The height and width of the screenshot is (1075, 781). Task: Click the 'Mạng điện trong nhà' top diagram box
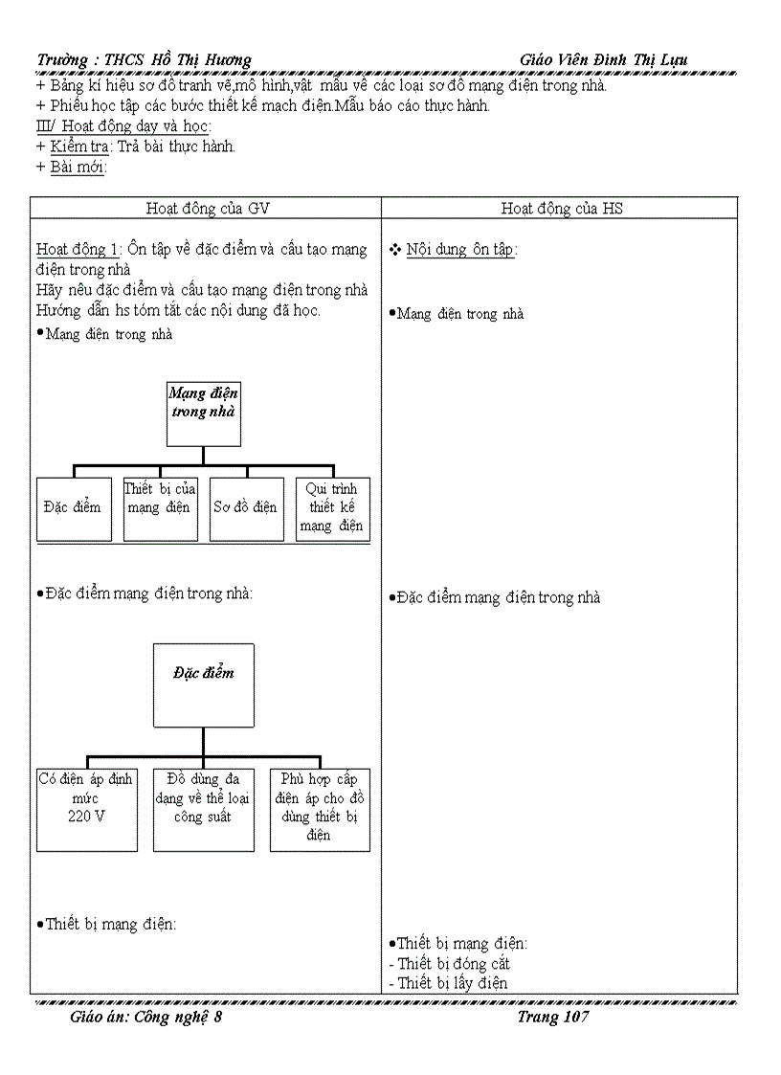point(204,413)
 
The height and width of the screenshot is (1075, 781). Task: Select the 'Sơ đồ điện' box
point(246,508)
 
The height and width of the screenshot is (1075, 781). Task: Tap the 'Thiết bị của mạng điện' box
point(160,508)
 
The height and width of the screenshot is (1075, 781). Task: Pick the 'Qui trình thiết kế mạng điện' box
point(332,508)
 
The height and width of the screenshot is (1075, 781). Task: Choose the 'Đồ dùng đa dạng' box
point(203,809)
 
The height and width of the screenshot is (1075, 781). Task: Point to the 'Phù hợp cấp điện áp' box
point(319,809)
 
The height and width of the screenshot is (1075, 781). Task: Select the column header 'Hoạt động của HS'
point(562,208)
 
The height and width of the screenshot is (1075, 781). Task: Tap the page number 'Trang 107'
point(553,1017)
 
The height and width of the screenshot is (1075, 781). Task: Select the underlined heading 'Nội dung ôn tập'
point(460,250)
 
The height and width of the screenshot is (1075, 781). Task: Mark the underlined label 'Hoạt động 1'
point(77,250)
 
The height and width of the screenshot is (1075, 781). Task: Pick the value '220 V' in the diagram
point(86,817)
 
